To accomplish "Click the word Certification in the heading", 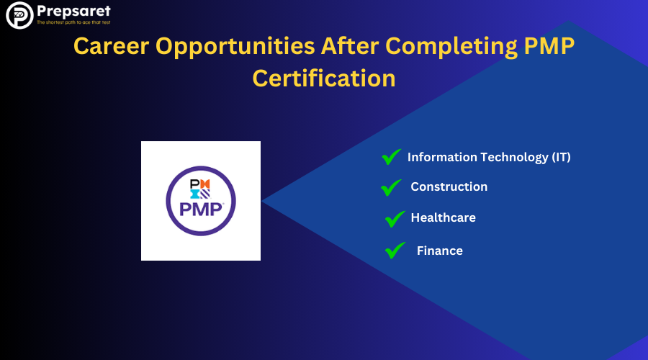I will (x=324, y=77).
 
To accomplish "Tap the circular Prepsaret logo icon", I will (x=19, y=15).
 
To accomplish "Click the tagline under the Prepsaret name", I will (x=75, y=24).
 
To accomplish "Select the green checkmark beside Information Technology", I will (x=392, y=156).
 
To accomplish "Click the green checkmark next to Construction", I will (x=391, y=187).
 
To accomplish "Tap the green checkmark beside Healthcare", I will (x=395, y=218).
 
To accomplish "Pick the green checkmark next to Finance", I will (x=395, y=251).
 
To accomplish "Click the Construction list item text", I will (x=449, y=186).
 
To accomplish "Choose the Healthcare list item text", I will (x=443, y=217).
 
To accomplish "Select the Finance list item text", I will (x=439, y=251).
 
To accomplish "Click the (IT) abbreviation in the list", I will (x=561, y=157).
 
